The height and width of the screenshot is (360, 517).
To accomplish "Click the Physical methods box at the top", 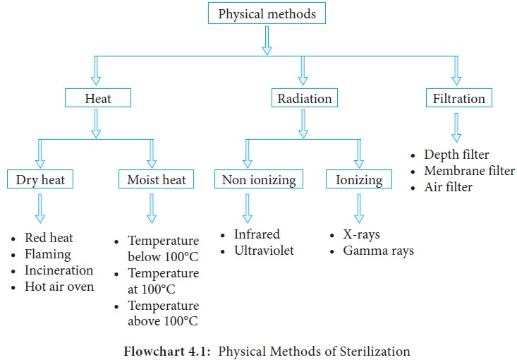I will pyautogui.click(x=267, y=14).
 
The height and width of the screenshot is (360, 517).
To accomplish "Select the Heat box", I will pyautogui.click(x=98, y=99).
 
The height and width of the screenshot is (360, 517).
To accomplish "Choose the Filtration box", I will pyautogui.click(x=458, y=99).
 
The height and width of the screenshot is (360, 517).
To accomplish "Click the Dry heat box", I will pyautogui.click(x=40, y=180).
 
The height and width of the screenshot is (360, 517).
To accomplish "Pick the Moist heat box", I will pyautogui.click(x=156, y=180).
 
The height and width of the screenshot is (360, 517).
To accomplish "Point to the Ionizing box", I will pyautogui.click(x=358, y=180).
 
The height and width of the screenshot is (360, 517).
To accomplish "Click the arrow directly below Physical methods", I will pyautogui.click(x=267, y=41).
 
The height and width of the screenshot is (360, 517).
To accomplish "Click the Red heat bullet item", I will pyautogui.click(x=49, y=238).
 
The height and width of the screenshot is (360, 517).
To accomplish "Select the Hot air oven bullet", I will pyautogui.click(x=59, y=287).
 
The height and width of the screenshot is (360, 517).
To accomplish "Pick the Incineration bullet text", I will pyautogui.click(x=59, y=270).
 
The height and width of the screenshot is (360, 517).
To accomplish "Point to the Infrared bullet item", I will pyautogui.click(x=257, y=234).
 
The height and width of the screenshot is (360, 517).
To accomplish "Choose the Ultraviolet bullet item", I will pyautogui.click(x=264, y=251).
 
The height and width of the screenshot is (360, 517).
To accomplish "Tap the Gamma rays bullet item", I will pyautogui.click(x=378, y=251).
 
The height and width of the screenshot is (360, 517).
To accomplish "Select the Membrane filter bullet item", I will pyautogui.click(x=469, y=171).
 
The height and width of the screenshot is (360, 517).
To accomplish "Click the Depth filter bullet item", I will pyautogui.click(x=456, y=155).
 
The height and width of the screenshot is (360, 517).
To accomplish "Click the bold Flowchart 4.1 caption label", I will pyautogui.click(x=169, y=350).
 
